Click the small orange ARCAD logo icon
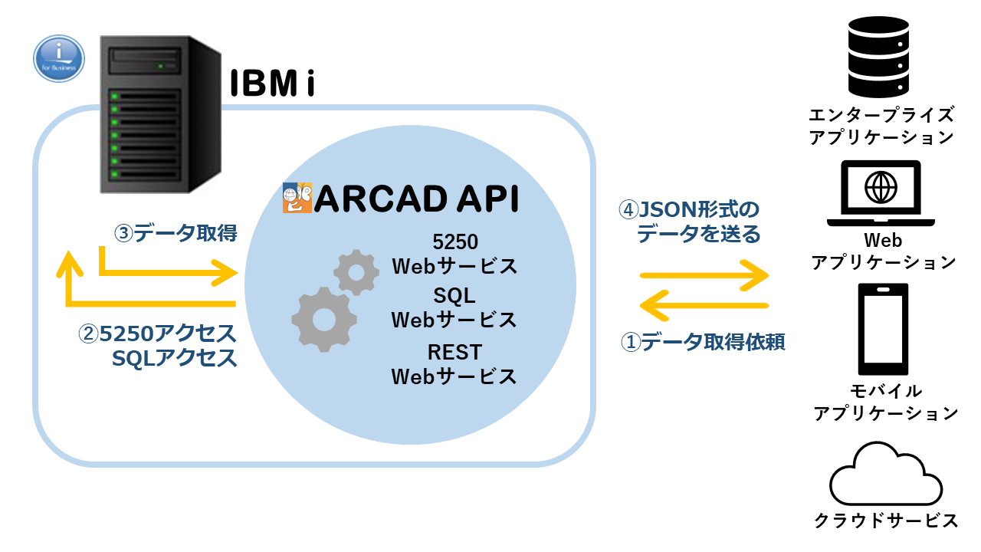pos(297,198)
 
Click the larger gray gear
pos(323,320)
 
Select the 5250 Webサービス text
pos(454,255)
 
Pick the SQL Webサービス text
pos(454,307)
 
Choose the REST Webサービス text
pos(454,365)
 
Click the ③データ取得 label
pos(175,233)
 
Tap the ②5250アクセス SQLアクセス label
pos(158,346)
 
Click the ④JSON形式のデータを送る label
pos(690,222)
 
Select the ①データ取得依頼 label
pos(702,342)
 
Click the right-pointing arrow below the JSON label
pos(704,274)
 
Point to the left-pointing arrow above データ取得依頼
pos(704,304)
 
